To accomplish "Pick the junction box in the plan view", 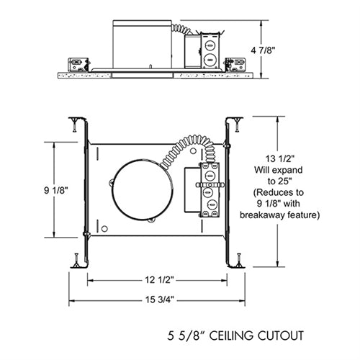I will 210,189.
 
